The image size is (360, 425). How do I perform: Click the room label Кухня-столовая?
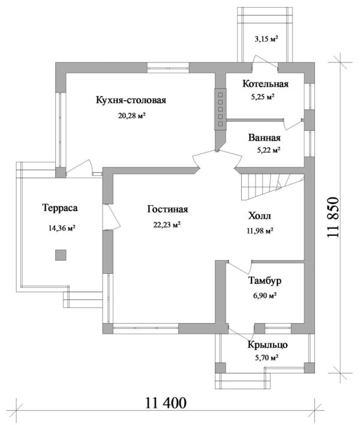pyautogui.click(x=130, y=100)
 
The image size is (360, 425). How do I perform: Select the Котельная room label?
pyautogui.click(x=265, y=84)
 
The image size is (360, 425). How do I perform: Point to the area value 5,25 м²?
pyautogui.click(x=263, y=96)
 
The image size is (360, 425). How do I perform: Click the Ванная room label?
pyautogui.click(x=265, y=137)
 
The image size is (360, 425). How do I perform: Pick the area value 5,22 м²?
pyautogui.click(x=265, y=151)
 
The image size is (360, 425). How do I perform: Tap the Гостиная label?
pyautogui.click(x=167, y=209)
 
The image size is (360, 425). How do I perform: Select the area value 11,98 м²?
pyautogui.click(x=260, y=230)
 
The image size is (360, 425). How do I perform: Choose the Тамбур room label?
pyautogui.click(x=265, y=280)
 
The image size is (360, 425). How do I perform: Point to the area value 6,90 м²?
pyautogui.click(x=264, y=295)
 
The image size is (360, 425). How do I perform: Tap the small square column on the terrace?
pyautogui.click(x=60, y=255)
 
